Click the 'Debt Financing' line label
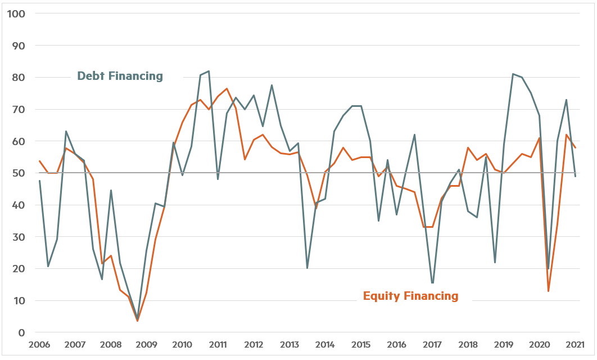tap(120, 76)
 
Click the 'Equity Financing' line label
tap(410, 296)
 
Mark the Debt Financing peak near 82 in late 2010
tap(209, 71)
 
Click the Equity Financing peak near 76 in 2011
tap(227, 88)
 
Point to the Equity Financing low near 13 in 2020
tap(548, 291)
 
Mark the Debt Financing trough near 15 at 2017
tap(432, 283)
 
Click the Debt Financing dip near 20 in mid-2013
tap(307, 268)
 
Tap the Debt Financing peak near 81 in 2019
tap(513, 74)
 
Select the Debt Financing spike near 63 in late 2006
tap(66, 131)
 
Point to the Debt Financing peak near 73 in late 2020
tap(566, 100)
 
